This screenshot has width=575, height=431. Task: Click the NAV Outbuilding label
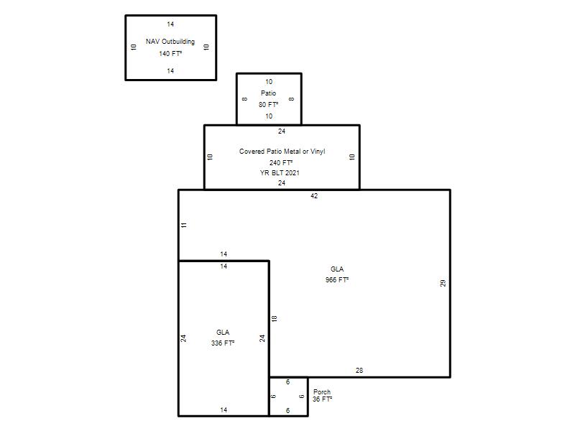point(170,42)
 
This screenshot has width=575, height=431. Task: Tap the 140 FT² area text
point(170,53)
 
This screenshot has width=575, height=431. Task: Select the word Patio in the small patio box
point(268,93)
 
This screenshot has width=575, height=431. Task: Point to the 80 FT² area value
point(268,104)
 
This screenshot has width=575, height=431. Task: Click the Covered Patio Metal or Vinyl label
point(282,152)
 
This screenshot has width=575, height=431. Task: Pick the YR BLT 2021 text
point(280,172)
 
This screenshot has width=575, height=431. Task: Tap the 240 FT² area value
point(281,162)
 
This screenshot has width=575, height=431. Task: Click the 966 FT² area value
point(337,279)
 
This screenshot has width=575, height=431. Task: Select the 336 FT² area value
point(223,343)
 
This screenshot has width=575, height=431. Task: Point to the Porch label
point(322,391)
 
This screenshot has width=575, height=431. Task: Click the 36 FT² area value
point(322,399)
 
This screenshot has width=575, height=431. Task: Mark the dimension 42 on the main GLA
point(314,195)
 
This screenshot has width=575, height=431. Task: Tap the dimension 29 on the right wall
point(443,283)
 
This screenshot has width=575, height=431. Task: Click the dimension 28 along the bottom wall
point(359,371)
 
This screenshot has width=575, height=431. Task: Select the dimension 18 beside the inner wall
point(275,319)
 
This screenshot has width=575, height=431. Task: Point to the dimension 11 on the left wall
point(184,225)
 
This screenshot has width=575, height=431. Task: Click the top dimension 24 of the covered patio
point(282,131)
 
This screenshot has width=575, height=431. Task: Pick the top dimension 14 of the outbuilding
point(170,24)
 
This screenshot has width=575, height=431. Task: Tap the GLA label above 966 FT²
point(337,269)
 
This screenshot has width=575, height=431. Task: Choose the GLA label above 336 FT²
point(223,333)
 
